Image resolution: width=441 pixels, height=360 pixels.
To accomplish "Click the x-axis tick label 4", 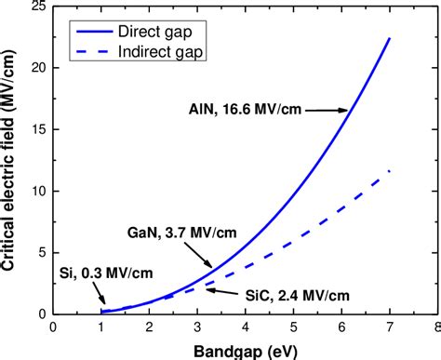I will pyautogui.click(x=245, y=328).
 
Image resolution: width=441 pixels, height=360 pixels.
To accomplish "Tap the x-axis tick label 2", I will pyautogui.click(x=149, y=328).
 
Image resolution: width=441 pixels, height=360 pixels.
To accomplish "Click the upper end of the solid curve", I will pyautogui.click(x=389, y=39).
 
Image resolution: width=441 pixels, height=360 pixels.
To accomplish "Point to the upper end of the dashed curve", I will pyautogui.click(x=389, y=171).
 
